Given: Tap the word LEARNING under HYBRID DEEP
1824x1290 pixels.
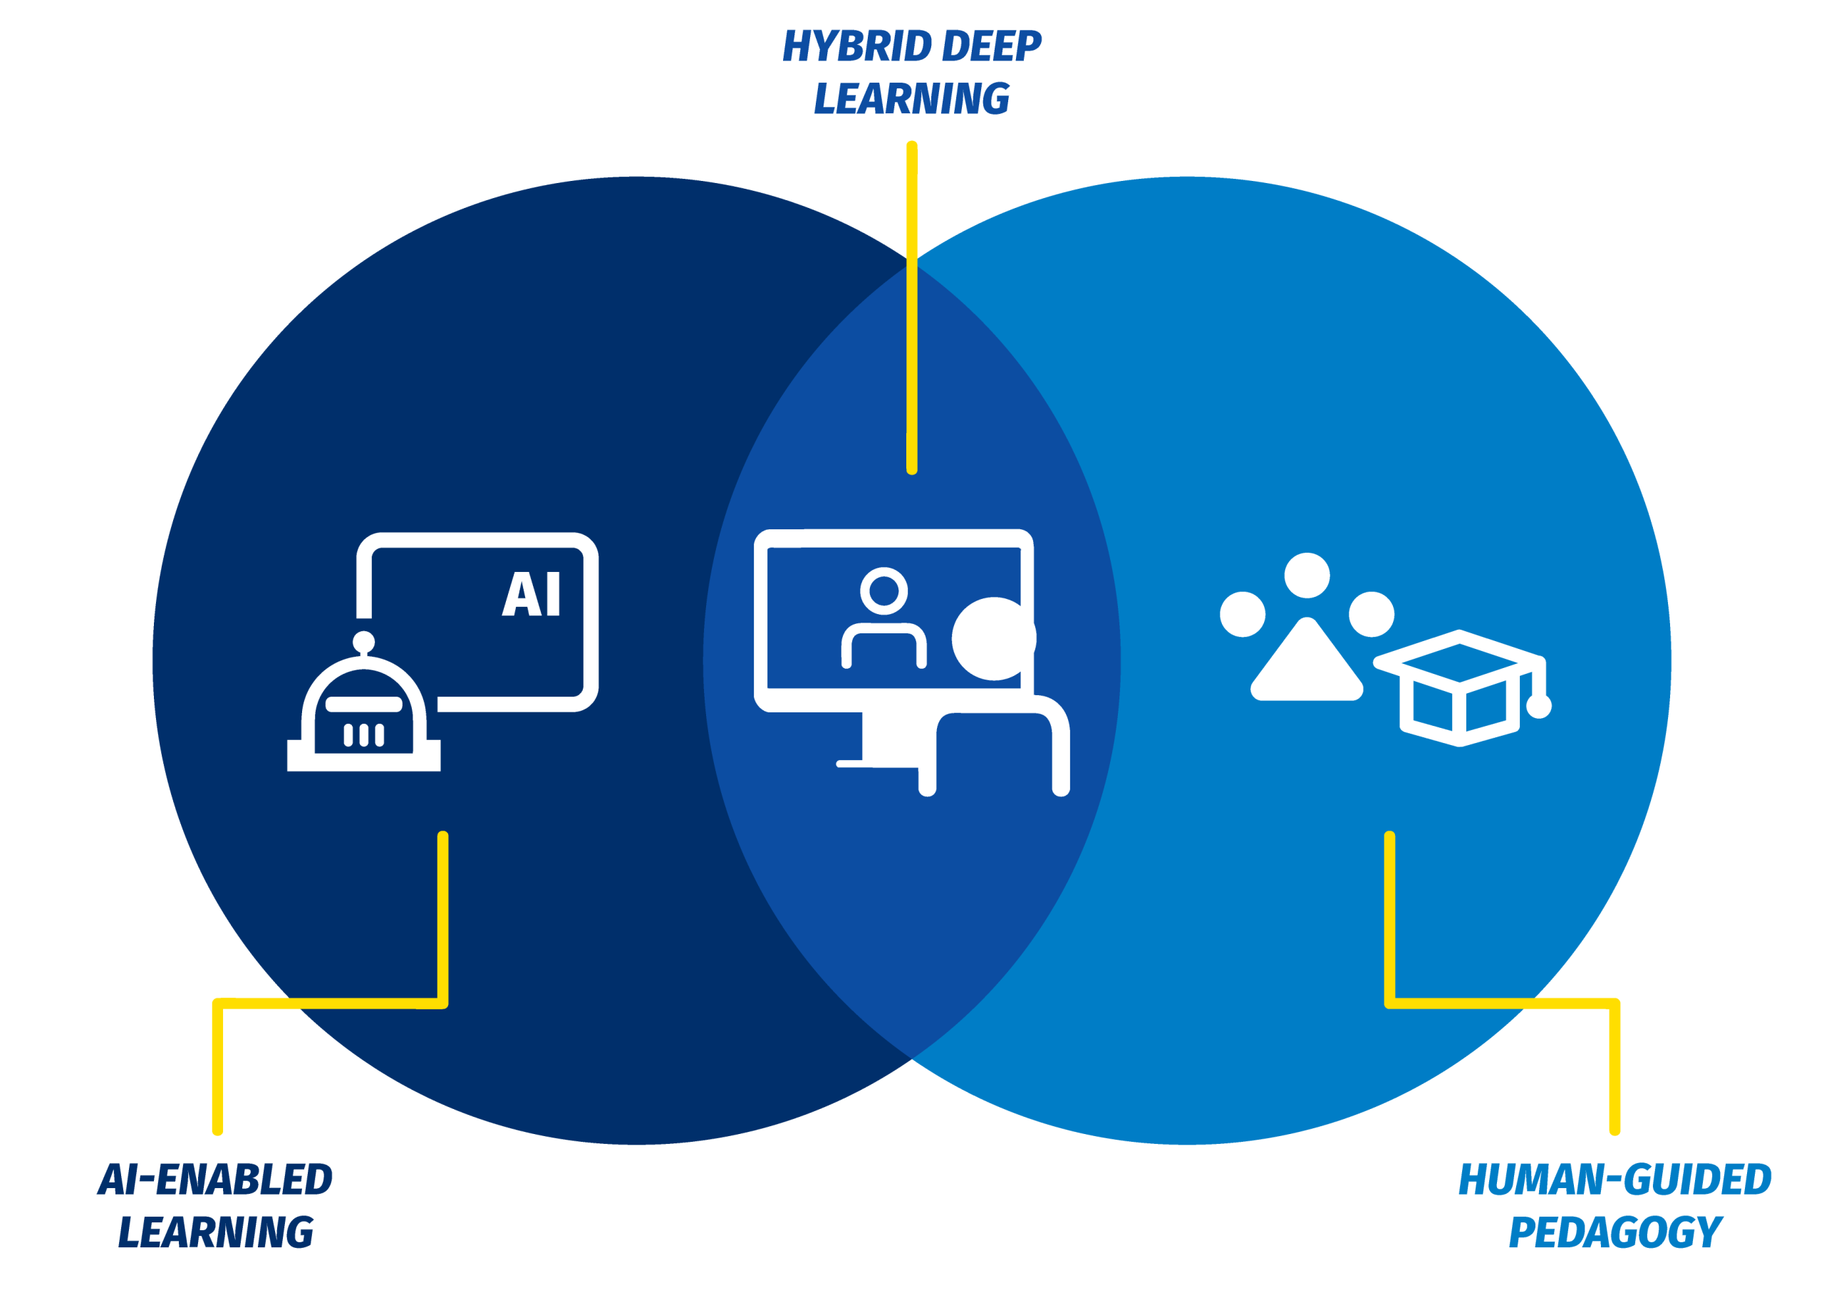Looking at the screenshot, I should [911, 98].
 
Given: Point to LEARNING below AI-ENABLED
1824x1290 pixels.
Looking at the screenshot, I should [215, 1232].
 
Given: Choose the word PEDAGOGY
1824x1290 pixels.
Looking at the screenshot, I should [1615, 1232].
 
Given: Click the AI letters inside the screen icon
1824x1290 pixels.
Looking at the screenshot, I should [532, 593].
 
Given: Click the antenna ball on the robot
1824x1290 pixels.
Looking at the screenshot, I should [364, 641].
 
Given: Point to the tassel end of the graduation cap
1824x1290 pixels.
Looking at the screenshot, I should [1539, 706].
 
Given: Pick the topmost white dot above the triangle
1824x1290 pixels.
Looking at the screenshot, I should [1307, 575].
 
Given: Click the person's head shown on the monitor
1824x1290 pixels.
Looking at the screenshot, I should [883, 591].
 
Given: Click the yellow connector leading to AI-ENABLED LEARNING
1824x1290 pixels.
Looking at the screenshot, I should [442, 922].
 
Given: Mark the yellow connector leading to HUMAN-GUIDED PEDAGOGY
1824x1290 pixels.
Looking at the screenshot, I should [1389, 922].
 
